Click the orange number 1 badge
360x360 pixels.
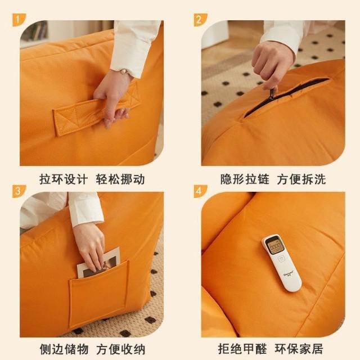[x=19, y=20]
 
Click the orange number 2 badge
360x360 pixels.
[x=200, y=20]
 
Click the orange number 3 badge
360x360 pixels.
[x=19, y=191]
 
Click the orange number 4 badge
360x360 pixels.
[x=200, y=191]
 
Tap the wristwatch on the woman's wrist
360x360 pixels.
[x=124, y=71]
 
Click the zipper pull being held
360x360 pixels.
[x=272, y=94]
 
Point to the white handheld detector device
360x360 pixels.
[x=282, y=263]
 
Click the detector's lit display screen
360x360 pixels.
[x=274, y=247]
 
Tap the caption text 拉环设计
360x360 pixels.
[x=64, y=179]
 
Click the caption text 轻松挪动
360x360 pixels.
[x=120, y=179]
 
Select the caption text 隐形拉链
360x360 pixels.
[x=245, y=179]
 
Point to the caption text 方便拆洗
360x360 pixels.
[x=301, y=179]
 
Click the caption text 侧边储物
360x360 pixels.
[x=64, y=349]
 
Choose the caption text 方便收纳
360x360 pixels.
[x=120, y=349]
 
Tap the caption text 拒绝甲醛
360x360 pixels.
[x=242, y=349]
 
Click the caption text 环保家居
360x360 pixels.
[x=299, y=349]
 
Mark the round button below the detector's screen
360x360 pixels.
[x=281, y=259]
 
